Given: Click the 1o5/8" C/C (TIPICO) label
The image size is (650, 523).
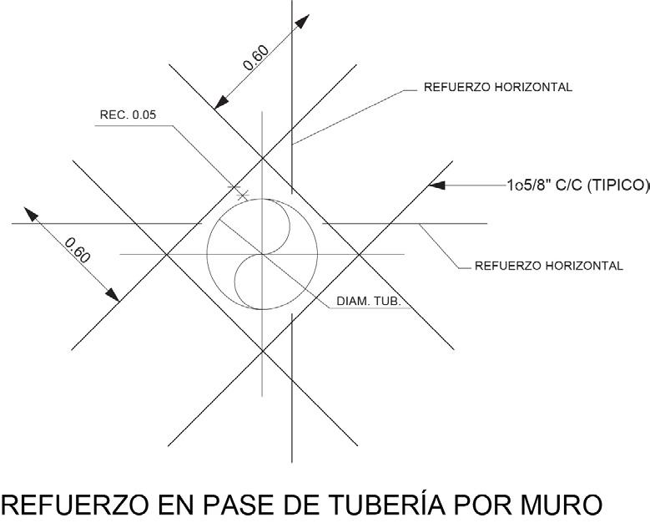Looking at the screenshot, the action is pos(577,185).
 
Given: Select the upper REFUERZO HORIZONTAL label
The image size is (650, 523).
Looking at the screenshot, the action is pos(498,87).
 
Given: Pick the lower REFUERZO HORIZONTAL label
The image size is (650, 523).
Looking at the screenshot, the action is pos(548,267).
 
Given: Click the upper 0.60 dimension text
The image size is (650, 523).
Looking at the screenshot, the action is pos(255,57).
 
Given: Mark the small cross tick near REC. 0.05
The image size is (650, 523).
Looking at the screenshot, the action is pos(243,195).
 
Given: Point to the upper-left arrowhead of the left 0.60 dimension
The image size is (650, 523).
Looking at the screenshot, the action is pos(31,213).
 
